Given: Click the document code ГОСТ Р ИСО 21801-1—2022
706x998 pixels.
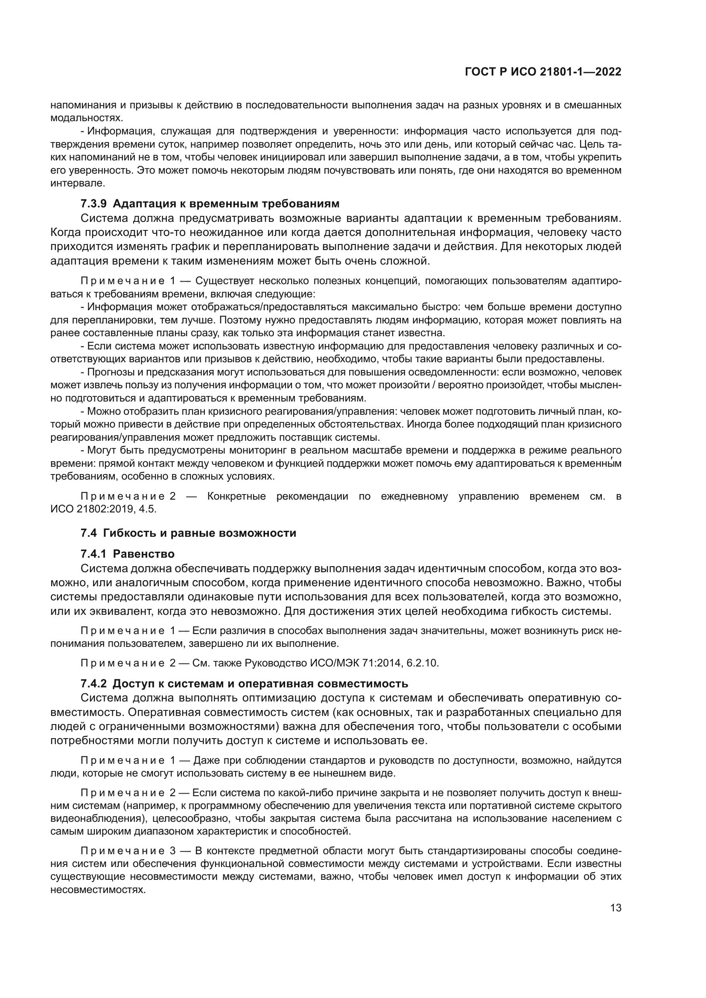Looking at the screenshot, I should (x=543, y=72).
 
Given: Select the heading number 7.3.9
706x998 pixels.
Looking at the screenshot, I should (x=93, y=204).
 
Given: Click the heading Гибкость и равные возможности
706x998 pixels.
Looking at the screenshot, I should (x=204, y=533).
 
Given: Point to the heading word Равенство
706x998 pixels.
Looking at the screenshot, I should (x=143, y=554).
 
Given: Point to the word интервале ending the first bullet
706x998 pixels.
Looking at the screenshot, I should (x=77, y=183).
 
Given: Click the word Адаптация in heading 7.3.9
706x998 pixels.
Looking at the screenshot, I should (x=142, y=204).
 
